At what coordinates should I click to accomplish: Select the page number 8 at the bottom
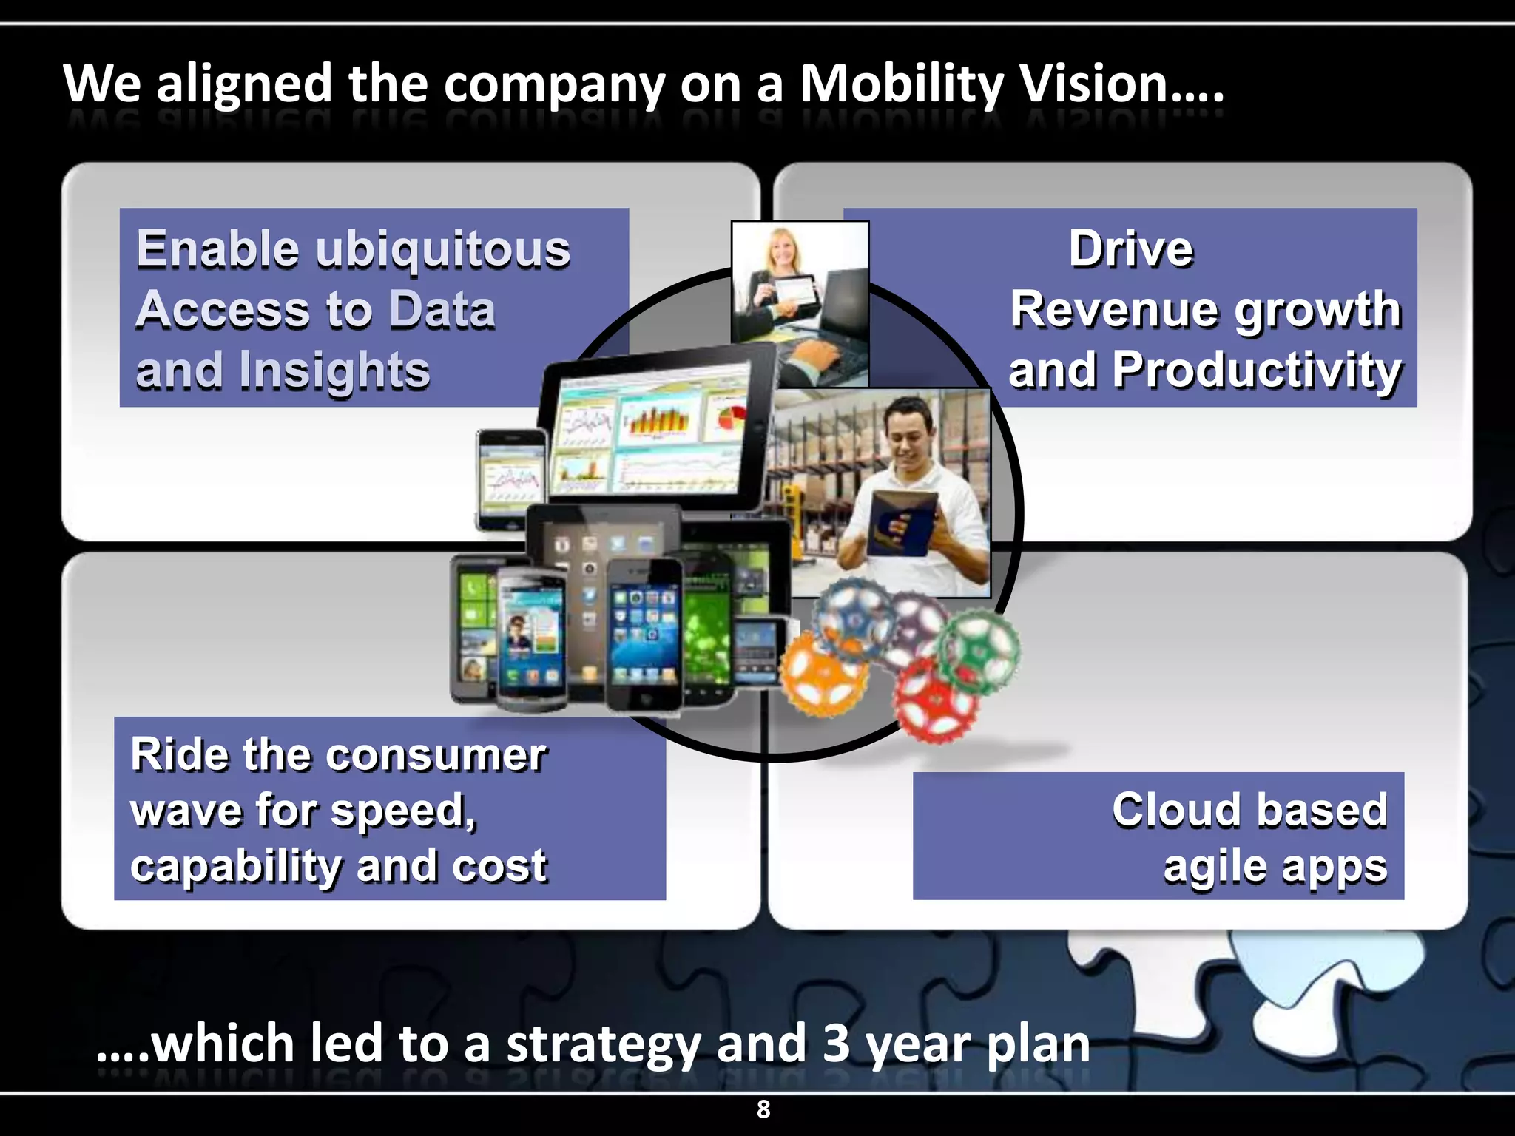tap(763, 1109)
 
